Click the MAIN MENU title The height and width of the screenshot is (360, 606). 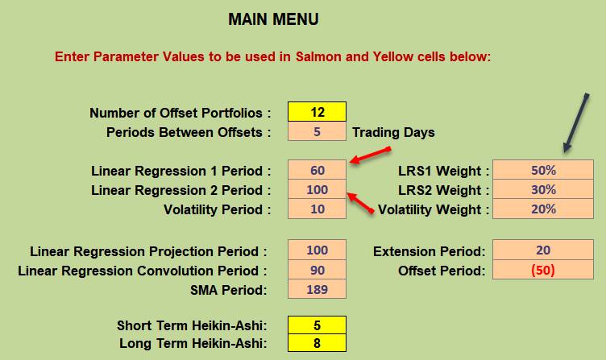tap(273, 19)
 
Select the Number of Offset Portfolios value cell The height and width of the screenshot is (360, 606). tap(317, 112)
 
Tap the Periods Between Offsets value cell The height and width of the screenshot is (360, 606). tap(317, 131)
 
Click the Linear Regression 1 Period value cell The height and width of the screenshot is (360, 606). tap(317, 170)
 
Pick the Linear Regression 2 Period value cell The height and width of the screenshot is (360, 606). tap(317, 189)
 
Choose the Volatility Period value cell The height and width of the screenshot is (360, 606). tap(317, 209)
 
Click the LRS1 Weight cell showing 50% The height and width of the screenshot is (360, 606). tap(543, 170)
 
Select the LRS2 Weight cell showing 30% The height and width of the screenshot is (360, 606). tap(543, 189)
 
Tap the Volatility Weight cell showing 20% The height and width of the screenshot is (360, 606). tap(543, 209)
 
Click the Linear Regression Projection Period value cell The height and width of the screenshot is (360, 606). tap(317, 250)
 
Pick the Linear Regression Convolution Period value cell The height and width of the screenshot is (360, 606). tap(317, 270)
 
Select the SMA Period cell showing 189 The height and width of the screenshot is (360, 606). tap(317, 289)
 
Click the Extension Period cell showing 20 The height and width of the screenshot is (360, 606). tap(543, 250)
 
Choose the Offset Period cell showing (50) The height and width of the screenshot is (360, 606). tap(543, 270)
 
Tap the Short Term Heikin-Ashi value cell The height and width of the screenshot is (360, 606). tap(317, 325)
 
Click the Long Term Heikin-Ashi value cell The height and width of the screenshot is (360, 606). tap(317, 342)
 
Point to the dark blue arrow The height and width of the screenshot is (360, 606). tap(576, 123)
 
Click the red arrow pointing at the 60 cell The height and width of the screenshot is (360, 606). tap(370, 155)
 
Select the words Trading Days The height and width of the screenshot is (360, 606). tap(393, 133)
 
